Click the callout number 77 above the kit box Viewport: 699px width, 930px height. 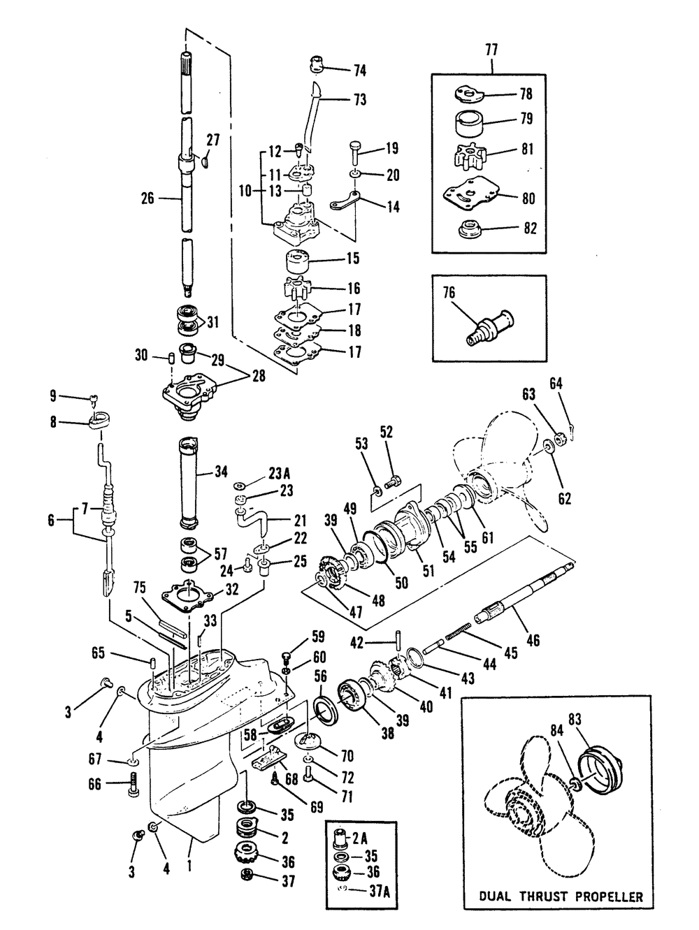(x=492, y=50)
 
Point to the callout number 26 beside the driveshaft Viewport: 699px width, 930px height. (x=147, y=198)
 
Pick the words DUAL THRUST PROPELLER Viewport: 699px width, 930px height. (x=561, y=896)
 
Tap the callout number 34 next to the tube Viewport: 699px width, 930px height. (x=221, y=471)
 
